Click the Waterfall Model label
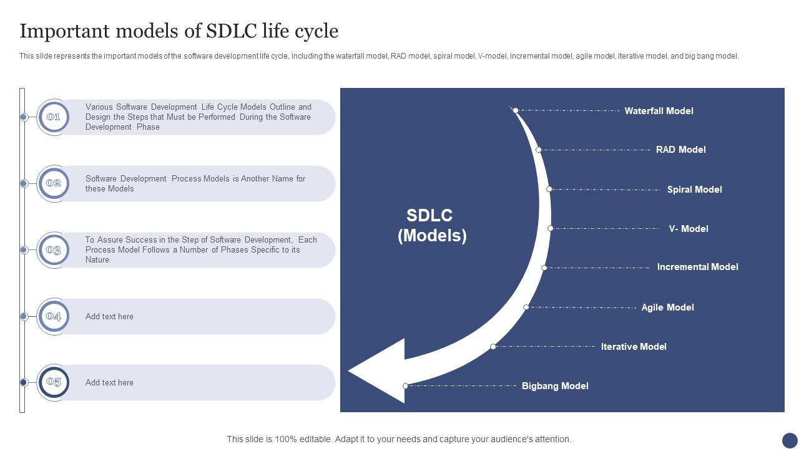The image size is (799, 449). pyautogui.click(x=659, y=111)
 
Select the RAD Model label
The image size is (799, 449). pyautogui.click(x=680, y=150)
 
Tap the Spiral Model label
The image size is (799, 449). pyautogui.click(x=694, y=190)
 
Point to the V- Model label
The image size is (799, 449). pyautogui.click(x=688, y=229)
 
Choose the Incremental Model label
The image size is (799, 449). pyautogui.click(x=697, y=267)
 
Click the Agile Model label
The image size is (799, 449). pyautogui.click(x=667, y=307)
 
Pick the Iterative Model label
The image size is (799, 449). pyautogui.click(x=633, y=347)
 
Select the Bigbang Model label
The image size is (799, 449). pyautogui.click(x=555, y=386)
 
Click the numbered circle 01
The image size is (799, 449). pyautogui.click(x=54, y=117)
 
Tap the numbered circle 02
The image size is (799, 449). pyautogui.click(x=54, y=183)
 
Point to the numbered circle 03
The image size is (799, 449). pyautogui.click(x=54, y=250)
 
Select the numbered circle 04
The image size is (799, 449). pyautogui.click(x=54, y=317)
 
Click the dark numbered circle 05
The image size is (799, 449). pyautogui.click(x=54, y=383)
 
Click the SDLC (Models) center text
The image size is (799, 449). pyautogui.click(x=431, y=225)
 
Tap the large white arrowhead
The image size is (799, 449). pyautogui.click(x=381, y=371)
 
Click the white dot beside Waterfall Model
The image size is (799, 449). pyautogui.click(x=516, y=110)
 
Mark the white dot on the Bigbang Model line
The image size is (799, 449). pyautogui.click(x=405, y=386)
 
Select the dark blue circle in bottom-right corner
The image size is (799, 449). pyautogui.click(x=790, y=440)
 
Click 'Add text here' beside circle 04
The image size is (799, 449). pyautogui.click(x=109, y=317)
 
